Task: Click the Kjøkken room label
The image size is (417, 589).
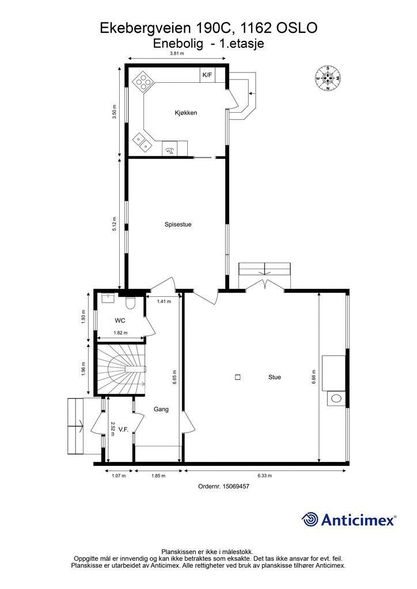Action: (186, 113)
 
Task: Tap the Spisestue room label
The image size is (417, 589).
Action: (178, 225)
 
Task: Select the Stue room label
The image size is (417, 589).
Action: (275, 377)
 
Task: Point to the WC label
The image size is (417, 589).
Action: (120, 321)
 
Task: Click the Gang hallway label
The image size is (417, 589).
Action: (161, 410)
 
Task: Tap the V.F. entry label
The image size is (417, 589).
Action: (124, 429)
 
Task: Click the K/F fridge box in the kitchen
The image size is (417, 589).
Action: (207, 75)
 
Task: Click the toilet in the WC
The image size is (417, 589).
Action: (130, 302)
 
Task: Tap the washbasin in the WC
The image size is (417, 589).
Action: (108, 298)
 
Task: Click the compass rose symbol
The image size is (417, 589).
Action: (328, 78)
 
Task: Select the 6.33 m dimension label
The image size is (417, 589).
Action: (265, 476)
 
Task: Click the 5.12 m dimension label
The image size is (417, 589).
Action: (115, 224)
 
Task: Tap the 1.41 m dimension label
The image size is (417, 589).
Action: (164, 301)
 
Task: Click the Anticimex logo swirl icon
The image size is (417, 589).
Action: (310, 520)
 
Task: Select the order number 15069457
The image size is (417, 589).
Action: (236, 486)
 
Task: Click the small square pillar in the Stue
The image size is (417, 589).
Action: (238, 377)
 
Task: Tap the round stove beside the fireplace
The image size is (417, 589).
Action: (336, 399)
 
